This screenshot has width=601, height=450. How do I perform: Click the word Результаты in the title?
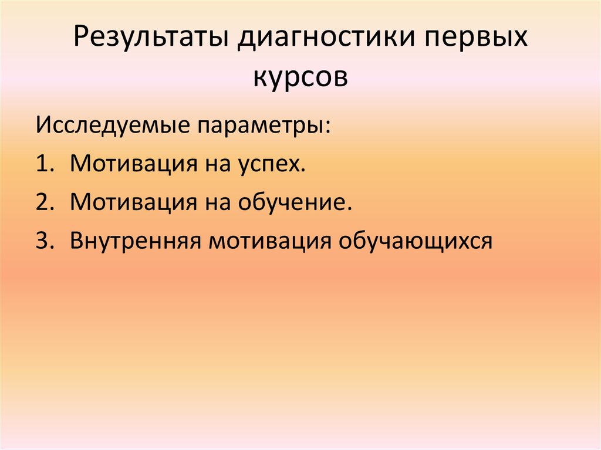[152, 42]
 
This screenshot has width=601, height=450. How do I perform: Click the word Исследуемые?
[113, 125]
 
